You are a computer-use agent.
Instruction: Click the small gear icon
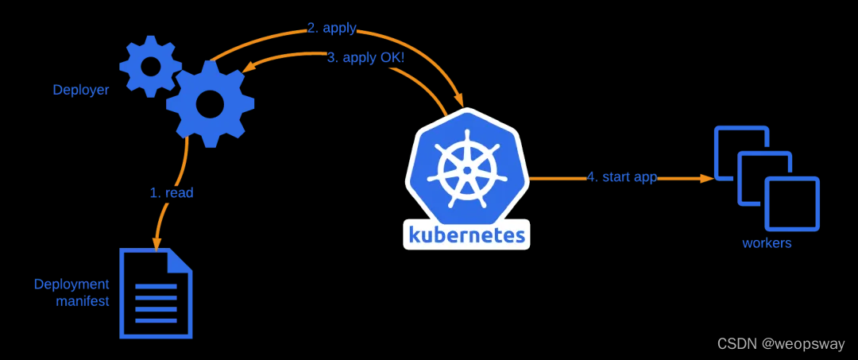coord(150,67)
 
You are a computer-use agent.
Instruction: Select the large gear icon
coord(210,102)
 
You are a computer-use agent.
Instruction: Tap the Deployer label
coord(81,90)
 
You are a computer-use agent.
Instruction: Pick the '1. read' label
coord(172,192)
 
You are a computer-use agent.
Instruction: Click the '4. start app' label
coord(622,176)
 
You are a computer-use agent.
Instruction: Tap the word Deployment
coord(71,284)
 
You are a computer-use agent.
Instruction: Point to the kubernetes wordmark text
coord(467,234)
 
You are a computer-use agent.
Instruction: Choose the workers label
coord(767,243)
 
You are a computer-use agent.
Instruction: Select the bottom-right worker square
coord(791,204)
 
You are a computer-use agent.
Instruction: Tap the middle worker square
coord(765,176)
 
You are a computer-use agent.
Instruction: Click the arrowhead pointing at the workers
coord(706,179)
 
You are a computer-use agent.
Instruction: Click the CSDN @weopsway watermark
coord(781,343)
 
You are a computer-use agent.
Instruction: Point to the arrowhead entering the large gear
coord(249,71)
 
